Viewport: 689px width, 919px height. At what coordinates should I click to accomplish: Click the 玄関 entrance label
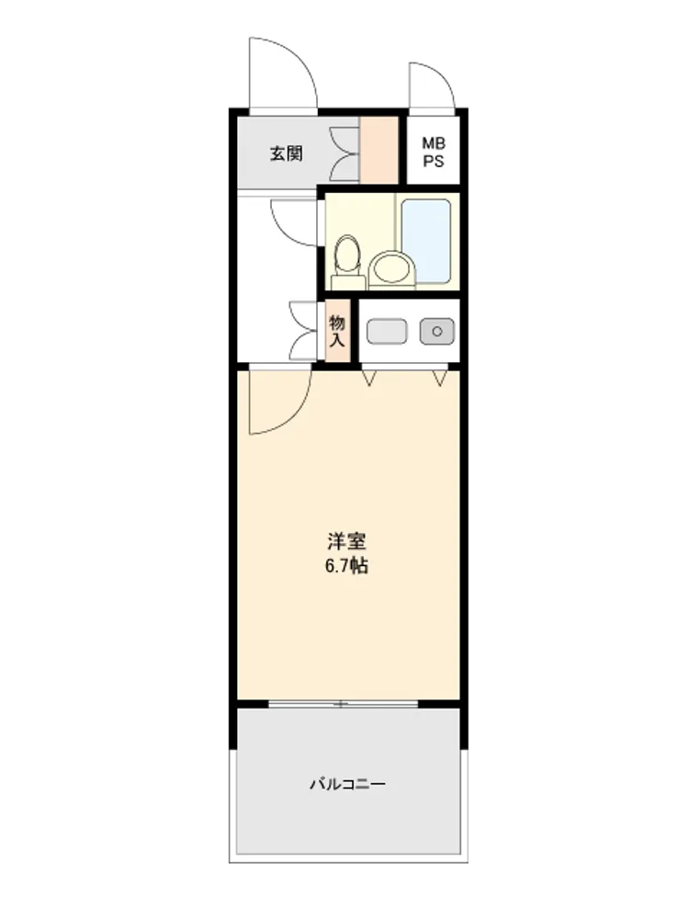pos(286,154)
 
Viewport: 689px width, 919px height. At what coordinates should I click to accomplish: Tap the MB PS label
pos(434,152)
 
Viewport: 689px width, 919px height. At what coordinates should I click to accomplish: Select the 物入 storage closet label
pos(337,331)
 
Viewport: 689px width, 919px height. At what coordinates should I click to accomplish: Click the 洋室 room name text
pos(346,540)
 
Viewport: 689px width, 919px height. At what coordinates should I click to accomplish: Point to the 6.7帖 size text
pos(346,566)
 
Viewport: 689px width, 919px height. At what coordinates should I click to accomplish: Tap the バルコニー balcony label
pos(347,784)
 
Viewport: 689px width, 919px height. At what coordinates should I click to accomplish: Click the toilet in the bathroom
pos(347,261)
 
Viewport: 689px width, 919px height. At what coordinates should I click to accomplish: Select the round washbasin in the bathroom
pos(391,270)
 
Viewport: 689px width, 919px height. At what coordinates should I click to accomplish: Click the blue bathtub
pos(426,241)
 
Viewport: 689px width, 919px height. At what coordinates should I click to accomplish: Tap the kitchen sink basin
pos(387,331)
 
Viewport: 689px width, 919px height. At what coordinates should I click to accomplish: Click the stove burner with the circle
pos(437,331)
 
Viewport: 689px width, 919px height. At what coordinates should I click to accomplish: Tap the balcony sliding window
pos(344,703)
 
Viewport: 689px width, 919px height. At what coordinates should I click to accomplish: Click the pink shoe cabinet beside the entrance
pos(378,150)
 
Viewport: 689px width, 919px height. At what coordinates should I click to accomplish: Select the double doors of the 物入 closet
pos(303,331)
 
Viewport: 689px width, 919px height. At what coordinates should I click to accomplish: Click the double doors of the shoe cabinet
pos(344,154)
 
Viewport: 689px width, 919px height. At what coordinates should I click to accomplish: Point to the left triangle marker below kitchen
pos(368,378)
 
